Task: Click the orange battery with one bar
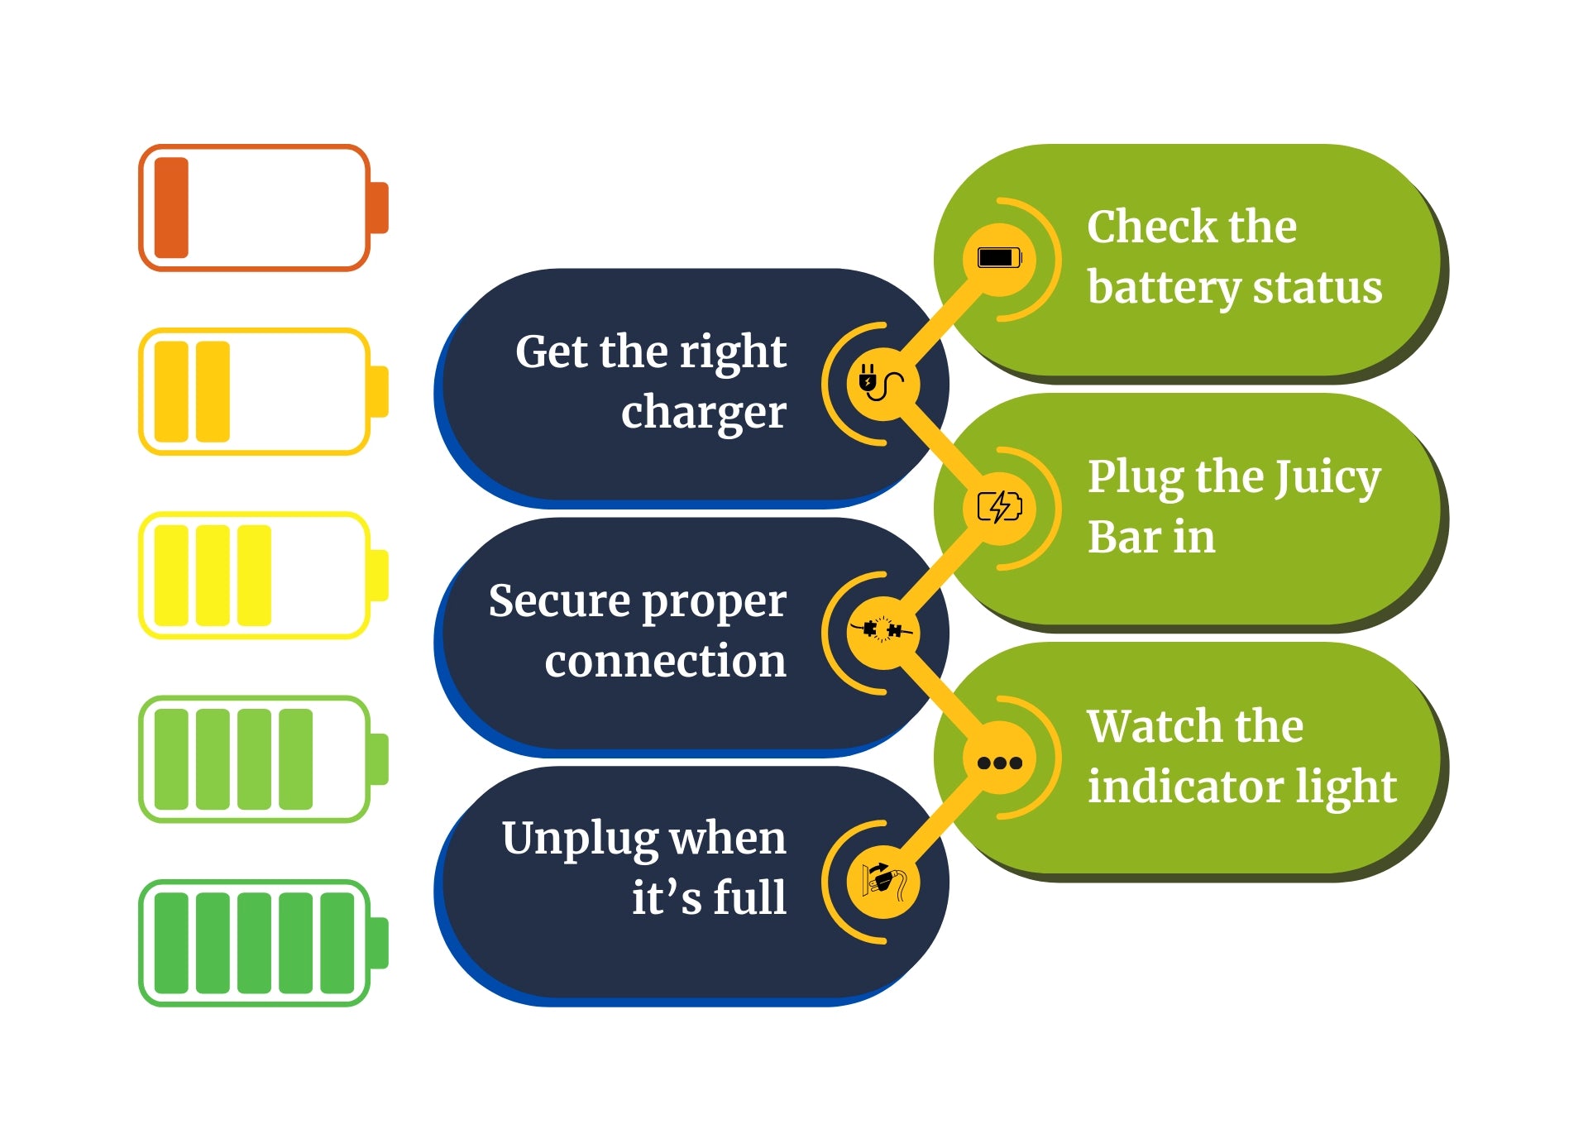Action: click(263, 208)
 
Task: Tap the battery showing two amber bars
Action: click(263, 391)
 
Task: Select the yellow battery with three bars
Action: click(263, 575)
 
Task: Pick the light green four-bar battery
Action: click(263, 758)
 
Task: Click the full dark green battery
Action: click(263, 943)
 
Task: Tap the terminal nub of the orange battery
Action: click(379, 208)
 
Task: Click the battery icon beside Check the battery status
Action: click(1000, 258)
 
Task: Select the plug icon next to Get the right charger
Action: click(882, 384)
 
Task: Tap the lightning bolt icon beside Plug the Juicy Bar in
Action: click(1000, 507)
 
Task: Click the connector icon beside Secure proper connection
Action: click(882, 631)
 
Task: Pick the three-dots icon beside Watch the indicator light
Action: click(1000, 763)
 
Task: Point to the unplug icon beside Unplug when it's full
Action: click(883, 882)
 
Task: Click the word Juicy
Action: click(1327, 479)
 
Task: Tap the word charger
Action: click(704, 413)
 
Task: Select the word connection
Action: click(666, 661)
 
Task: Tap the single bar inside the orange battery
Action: click(171, 208)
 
